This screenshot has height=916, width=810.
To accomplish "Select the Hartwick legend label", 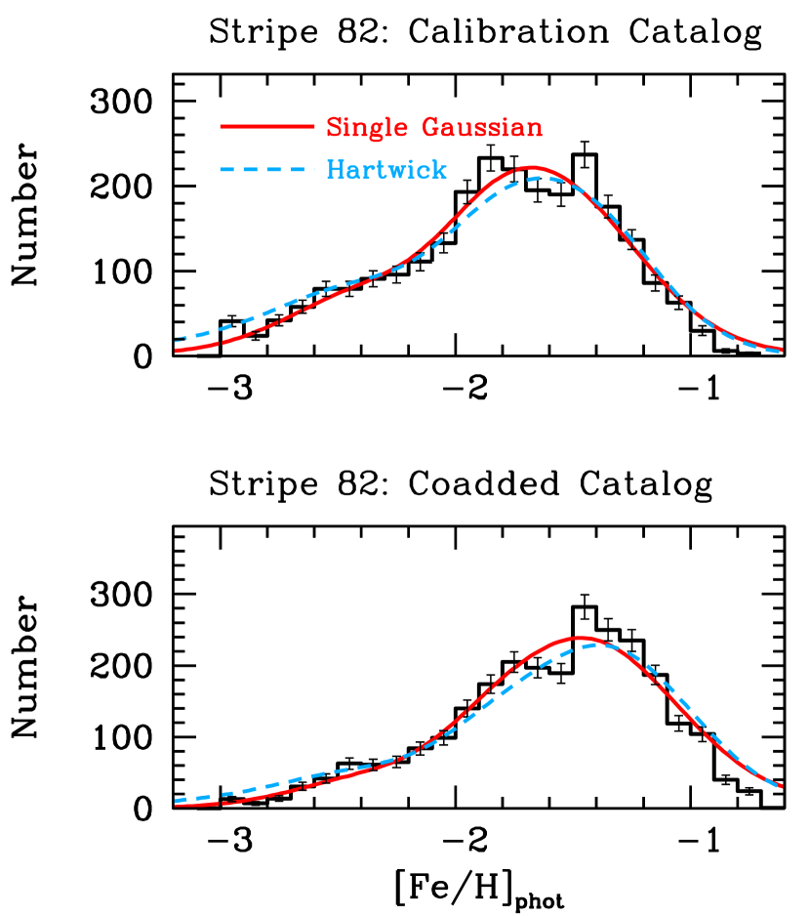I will point(386,170).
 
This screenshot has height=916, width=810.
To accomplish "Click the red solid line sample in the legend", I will point(266,127).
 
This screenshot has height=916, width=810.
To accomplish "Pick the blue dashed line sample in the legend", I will point(266,170).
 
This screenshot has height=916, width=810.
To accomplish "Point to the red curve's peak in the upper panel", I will point(531,167).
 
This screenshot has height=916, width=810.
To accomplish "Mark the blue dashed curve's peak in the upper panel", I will point(539,177).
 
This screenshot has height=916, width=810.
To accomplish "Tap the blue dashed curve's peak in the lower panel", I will point(598,645).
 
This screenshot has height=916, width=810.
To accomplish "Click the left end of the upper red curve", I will point(177,350).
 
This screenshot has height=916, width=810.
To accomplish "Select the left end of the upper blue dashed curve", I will point(177,339).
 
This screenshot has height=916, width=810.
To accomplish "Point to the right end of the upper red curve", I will point(781,349).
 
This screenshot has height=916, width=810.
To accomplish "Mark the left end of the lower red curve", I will point(177,806).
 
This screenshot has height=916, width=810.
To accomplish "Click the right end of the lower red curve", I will point(781,786).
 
